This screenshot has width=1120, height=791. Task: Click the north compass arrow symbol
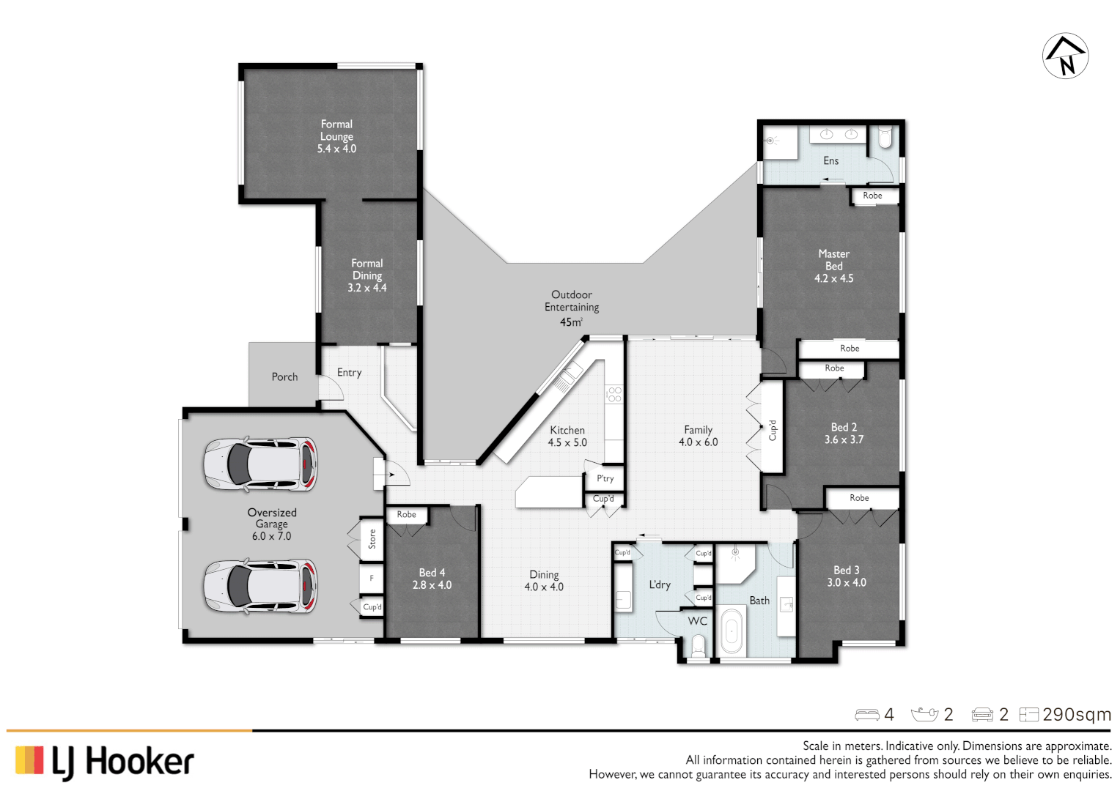click(1065, 56)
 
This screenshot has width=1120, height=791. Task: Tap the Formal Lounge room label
click(336, 136)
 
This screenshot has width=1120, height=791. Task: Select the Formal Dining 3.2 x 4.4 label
click(366, 275)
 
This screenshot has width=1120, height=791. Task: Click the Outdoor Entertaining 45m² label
click(571, 308)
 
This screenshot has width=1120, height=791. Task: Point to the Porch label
click(284, 376)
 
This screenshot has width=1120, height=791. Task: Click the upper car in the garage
click(260, 464)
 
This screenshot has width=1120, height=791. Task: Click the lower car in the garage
click(260, 586)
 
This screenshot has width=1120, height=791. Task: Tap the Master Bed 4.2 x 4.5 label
click(833, 266)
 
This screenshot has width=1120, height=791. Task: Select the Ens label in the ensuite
click(830, 160)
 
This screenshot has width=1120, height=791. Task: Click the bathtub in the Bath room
click(732, 629)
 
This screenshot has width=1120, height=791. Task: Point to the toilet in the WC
click(698, 645)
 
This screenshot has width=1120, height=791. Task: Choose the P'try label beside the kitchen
click(605, 478)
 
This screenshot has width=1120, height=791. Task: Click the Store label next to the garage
click(372, 539)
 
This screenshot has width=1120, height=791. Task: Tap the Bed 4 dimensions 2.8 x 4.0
click(432, 585)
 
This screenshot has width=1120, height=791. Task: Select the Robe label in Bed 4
click(406, 514)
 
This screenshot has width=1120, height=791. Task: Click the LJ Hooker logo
click(104, 761)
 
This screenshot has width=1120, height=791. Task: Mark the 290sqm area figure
click(1077, 714)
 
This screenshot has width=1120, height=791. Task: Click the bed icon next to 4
click(867, 714)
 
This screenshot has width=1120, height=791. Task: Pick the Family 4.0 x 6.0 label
click(698, 436)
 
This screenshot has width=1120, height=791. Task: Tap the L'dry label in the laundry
click(659, 584)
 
